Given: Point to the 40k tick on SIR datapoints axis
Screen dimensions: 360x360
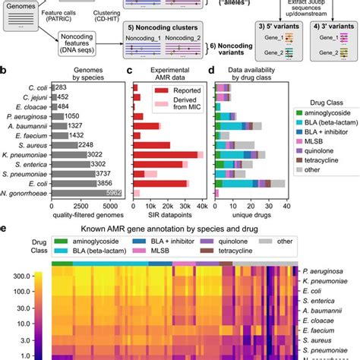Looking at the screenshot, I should point(202,205).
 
